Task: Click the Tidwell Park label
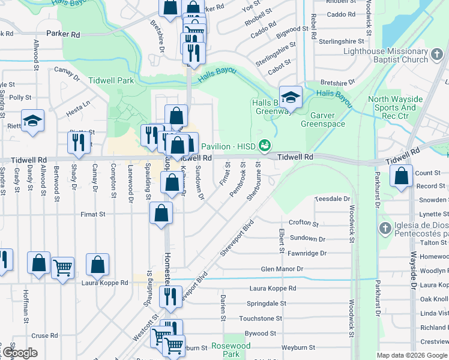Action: pos(110,80)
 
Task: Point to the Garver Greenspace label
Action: pos(327,119)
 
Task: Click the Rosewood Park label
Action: pos(231,350)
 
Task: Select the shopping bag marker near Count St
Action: pos(401,176)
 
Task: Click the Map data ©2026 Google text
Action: pos(412,355)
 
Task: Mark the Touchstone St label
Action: pos(260,319)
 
